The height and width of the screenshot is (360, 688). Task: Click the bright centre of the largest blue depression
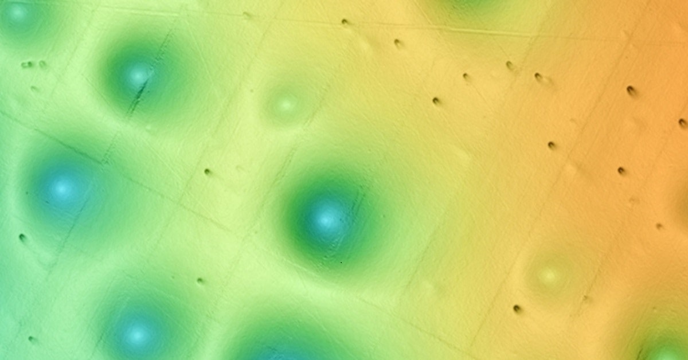point(326,218)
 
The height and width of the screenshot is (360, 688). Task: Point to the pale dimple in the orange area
point(550,275)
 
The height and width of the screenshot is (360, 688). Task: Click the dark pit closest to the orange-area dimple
point(517,308)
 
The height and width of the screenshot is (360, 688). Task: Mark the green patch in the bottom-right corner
point(665,347)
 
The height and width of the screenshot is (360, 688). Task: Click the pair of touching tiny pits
point(27,65)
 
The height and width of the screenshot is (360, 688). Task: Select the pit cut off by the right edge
point(683,123)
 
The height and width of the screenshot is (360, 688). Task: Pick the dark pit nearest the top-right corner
point(631,90)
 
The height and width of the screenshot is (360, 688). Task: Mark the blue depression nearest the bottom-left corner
point(138,332)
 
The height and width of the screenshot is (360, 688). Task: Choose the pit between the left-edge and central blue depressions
point(208,171)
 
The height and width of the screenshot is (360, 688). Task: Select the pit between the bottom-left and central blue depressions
point(200,280)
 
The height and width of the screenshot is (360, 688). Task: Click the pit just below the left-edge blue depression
point(23,237)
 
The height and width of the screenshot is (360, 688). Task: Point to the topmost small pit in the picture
point(247,15)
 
